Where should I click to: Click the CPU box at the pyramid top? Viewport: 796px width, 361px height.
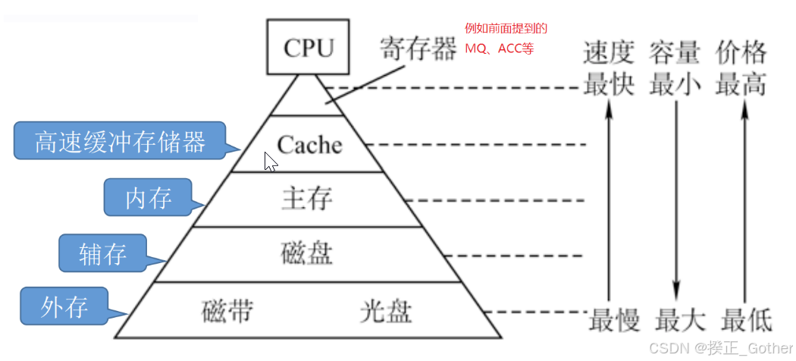(309, 47)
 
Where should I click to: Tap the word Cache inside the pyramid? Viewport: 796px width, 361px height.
(309, 143)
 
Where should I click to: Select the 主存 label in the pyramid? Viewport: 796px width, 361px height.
(306, 199)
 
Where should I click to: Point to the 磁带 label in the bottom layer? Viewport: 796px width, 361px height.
(227, 311)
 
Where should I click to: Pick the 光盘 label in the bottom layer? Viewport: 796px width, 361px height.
(387, 311)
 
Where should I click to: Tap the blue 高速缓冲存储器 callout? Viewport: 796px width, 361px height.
(121, 141)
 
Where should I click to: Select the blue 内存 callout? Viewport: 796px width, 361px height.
(149, 198)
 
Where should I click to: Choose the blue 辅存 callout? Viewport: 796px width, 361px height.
(103, 253)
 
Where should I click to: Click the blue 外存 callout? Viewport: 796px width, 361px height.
(64, 306)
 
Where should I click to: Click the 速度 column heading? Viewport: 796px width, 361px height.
(608, 52)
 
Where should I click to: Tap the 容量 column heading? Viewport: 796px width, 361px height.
(674, 52)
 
